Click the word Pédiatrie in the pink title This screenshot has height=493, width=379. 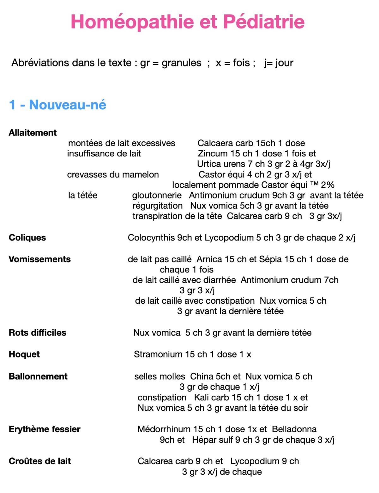(x=264, y=22)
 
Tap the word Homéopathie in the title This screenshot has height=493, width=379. (x=132, y=22)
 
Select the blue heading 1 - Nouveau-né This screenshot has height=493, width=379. (x=57, y=105)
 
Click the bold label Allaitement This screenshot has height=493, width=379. (x=33, y=133)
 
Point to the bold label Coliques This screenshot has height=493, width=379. (x=27, y=238)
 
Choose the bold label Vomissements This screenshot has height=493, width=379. (x=39, y=259)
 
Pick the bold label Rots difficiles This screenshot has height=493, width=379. (x=37, y=332)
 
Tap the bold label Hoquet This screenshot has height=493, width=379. (x=24, y=354)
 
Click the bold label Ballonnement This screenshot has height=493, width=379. (x=38, y=376)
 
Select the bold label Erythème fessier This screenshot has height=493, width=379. (x=45, y=429)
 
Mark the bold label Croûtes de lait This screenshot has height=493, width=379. (x=39, y=461)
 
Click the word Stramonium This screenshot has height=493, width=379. (x=158, y=354)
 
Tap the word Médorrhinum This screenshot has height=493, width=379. (x=164, y=429)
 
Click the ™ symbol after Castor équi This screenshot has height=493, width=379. (x=314, y=185)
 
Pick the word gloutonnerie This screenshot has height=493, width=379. (x=157, y=195)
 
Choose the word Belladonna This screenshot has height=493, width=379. (x=294, y=429)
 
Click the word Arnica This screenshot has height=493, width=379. (x=209, y=259)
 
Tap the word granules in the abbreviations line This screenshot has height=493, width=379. (x=181, y=63)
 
